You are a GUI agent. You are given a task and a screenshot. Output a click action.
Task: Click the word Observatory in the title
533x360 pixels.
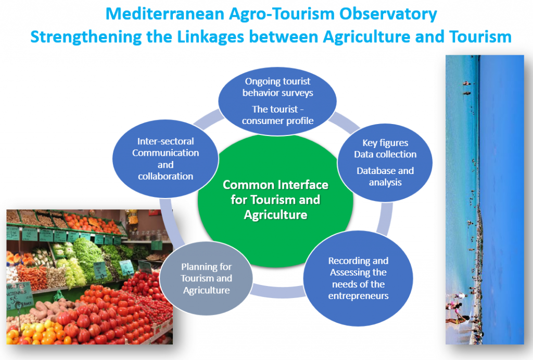coord(388,14)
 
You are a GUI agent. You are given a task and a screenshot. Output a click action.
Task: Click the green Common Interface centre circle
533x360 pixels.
coord(275,200)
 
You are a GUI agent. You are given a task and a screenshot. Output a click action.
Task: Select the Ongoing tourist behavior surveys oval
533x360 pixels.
coord(277,101)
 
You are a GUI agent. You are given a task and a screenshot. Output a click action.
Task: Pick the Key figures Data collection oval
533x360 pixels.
coord(385,163)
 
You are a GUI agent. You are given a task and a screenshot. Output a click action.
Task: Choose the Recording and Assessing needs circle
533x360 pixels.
coord(358,278)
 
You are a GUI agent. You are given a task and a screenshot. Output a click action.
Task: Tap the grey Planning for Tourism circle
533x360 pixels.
coord(206,278)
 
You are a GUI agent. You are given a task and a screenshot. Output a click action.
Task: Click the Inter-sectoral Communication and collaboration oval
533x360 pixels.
coord(166,158)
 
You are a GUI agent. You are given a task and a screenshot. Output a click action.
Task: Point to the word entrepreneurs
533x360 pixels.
coord(358,296)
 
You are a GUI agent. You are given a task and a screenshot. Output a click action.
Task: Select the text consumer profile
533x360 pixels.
coord(278,121)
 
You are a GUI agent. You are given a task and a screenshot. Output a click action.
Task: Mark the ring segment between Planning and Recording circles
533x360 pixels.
coord(278,292)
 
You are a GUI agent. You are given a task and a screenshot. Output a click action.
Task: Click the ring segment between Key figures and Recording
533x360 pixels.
coord(385,218)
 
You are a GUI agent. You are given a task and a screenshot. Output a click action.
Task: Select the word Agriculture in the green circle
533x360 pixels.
coord(276,215)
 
